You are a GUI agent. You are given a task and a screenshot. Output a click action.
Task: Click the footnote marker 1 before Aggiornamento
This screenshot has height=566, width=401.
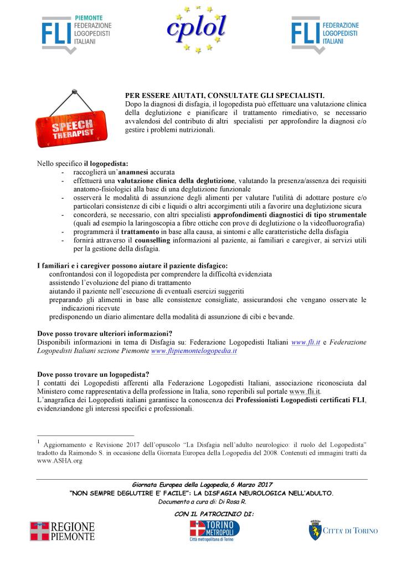click(x=39, y=442)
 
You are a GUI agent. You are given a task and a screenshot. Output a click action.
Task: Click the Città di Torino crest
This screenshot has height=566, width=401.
click(x=316, y=530)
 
